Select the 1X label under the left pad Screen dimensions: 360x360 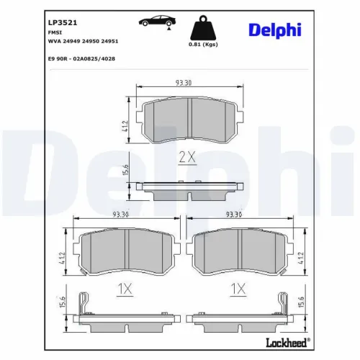(125, 288)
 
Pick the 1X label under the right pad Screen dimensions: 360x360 (238, 288)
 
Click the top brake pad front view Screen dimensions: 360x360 (187, 121)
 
